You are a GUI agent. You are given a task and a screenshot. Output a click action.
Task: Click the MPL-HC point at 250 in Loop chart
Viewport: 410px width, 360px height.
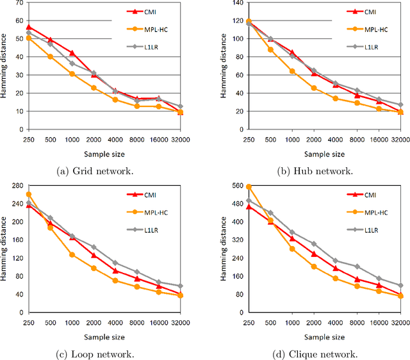click(28, 195)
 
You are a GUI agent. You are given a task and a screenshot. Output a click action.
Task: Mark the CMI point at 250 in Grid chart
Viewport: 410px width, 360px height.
click(28, 28)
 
